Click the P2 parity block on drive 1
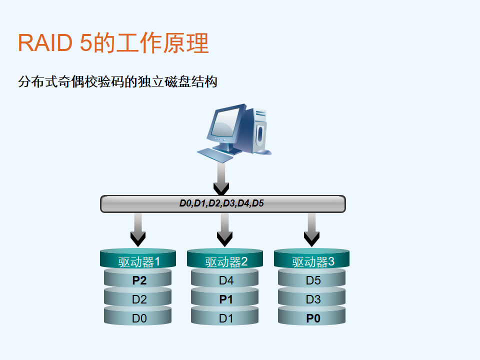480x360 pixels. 138,278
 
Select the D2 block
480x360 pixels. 138,298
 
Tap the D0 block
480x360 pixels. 138,316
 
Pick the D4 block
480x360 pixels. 224,278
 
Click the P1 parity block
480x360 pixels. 224,298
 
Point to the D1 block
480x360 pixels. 224,316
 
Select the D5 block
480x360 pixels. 311,278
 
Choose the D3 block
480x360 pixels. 311,298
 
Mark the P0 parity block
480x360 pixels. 311,316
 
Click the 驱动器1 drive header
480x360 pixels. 138,259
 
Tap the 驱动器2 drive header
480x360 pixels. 224,259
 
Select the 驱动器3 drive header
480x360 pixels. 311,259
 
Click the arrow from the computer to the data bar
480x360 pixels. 221,178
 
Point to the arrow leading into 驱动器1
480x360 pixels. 138,229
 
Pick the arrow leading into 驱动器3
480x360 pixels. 311,229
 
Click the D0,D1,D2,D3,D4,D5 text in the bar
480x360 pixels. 221,203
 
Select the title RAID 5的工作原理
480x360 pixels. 113,43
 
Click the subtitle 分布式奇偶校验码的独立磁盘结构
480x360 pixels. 118,81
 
